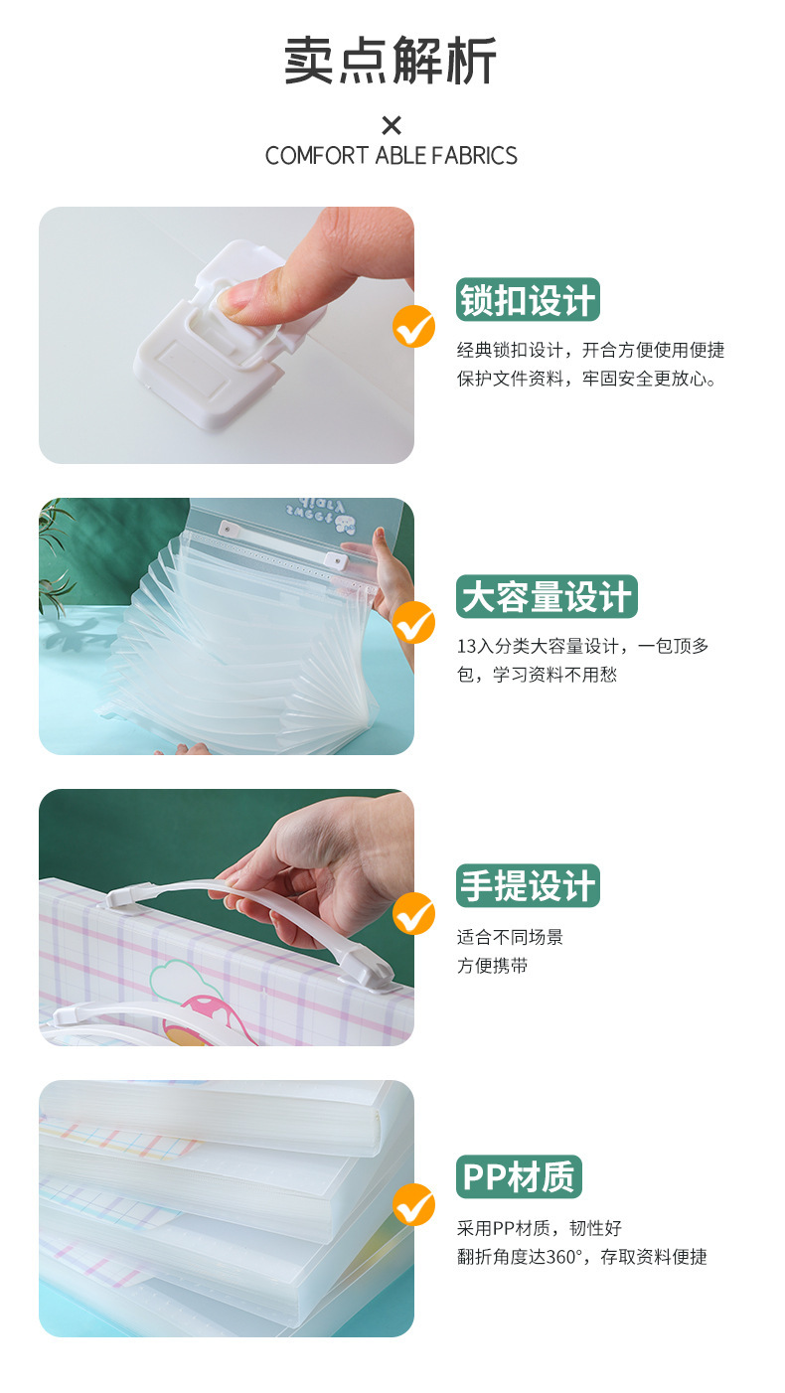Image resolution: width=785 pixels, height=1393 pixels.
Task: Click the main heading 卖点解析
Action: (x=391, y=61)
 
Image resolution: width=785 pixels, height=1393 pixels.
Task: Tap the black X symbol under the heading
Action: (x=392, y=125)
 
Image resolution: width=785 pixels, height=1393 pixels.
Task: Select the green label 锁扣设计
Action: (x=528, y=300)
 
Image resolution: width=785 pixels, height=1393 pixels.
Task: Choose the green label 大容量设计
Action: (x=547, y=596)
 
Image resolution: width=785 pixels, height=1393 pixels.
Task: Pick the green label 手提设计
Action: (x=528, y=885)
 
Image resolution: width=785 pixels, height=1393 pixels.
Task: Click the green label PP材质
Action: (x=519, y=1176)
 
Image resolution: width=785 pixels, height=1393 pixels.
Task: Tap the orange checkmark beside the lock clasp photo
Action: (x=414, y=327)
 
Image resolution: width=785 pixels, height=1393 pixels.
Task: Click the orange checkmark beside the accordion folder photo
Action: (x=414, y=623)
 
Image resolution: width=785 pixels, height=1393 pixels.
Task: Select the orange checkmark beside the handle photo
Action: (x=414, y=913)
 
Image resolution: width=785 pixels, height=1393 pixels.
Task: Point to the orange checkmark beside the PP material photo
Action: (x=414, y=1204)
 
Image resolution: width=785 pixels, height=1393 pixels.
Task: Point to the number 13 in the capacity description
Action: (x=466, y=647)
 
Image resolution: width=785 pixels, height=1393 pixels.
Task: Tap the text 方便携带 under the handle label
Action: (x=492, y=966)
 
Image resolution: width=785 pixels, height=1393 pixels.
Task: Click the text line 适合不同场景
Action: (x=510, y=937)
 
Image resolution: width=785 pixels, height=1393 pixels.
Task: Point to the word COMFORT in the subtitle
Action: (x=317, y=155)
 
